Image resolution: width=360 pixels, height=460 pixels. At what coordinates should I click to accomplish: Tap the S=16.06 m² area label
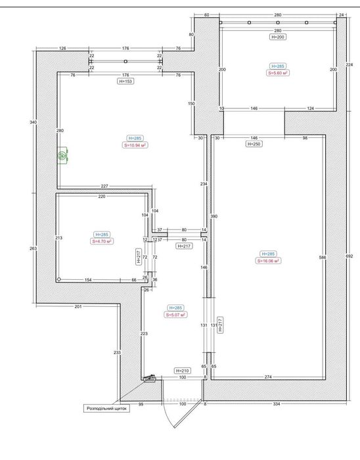[x=269, y=260]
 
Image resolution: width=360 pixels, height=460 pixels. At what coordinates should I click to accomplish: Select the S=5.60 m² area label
[x=278, y=74]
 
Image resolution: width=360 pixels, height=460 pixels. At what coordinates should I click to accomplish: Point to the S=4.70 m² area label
[x=102, y=241]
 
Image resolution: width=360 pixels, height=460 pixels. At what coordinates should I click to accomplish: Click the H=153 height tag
[x=124, y=81]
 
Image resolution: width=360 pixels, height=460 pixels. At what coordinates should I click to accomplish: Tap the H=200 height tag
[x=277, y=38]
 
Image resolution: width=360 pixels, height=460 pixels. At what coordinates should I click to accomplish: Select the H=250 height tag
[x=253, y=143]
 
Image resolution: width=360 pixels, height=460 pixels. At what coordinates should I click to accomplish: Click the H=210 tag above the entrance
[x=182, y=371]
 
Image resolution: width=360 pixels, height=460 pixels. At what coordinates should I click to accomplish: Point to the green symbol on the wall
[x=63, y=156]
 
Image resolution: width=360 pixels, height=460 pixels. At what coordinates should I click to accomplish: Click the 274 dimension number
[x=267, y=377]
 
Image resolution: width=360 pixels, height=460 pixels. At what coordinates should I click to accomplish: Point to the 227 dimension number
[x=104, y=186]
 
